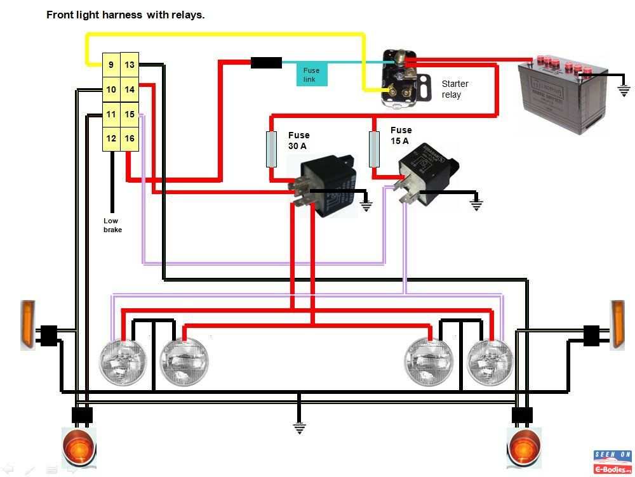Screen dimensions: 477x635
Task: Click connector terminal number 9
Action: pyautogui.click(x=111, y=65)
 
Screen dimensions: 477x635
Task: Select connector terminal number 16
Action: pyautogui.click(x=130, y=139)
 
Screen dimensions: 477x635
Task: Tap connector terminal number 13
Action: pyautogui.click(x=130, y=65)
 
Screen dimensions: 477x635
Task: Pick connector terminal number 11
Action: pyautogui.click(x=111, y=114)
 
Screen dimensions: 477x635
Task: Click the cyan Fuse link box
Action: pyautogui.click(x=312, y=74)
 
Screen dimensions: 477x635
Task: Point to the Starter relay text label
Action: pyautogui.click(x=455, y=89)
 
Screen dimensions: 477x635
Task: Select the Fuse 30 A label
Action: pyautogui.click(x=299, y=140)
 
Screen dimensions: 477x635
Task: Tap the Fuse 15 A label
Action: pyautogui.click(x=401, y=136)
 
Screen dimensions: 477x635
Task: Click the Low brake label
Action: pyautogui.click(x=112, y=225)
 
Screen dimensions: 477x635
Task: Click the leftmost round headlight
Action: pyautogui.click(x=123, y=362)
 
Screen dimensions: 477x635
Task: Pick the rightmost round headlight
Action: pyautogui.click(x=490, y=362)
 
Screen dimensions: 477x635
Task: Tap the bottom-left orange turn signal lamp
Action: pyautogui.click(x=79, y=447)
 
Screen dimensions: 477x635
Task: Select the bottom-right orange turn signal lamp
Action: pyautogui.click(x=524, y=448)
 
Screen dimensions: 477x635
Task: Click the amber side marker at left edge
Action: pyautogui.click(x=27, y=324)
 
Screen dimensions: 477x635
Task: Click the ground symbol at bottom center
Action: pyautogui.click(x=299, y=428)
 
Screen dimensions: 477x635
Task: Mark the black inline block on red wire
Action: pyautogui.click(x=266, y=62)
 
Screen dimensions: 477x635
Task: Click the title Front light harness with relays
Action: pyautogui.click(x=126, y=15)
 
